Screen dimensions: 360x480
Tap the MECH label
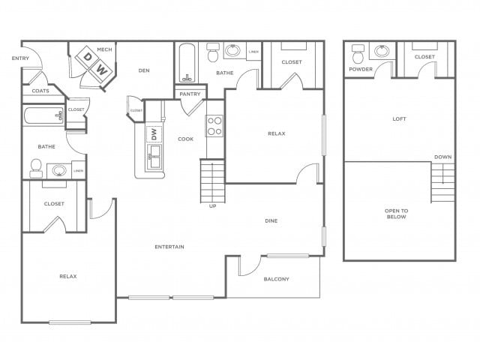pos(103,49)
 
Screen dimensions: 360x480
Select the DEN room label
pos(145,71)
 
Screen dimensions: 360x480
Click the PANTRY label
pos(190,94)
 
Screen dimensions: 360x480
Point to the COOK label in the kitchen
pos(185,139)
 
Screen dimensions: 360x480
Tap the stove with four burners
pos(215,125)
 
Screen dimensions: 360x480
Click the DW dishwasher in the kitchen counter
pos(154,133)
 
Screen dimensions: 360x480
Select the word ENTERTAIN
pos(169,247)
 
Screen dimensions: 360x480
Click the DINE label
pos(271,221)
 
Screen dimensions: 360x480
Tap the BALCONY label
pos(276,279)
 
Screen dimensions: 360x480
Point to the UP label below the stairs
pos(212,206)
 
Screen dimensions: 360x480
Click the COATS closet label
pos(40,91)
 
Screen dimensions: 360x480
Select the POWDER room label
pos(361,70)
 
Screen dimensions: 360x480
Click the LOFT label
pos(400,118)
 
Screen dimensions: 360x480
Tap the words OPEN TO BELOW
pos(396,213)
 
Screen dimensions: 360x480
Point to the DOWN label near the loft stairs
pos(442,157)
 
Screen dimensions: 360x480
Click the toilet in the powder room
pos(358,54)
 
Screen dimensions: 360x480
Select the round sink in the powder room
pos(382,51)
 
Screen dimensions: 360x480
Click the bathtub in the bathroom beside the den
pos(187,64)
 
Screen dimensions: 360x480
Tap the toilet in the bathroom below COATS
pos(36,168)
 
